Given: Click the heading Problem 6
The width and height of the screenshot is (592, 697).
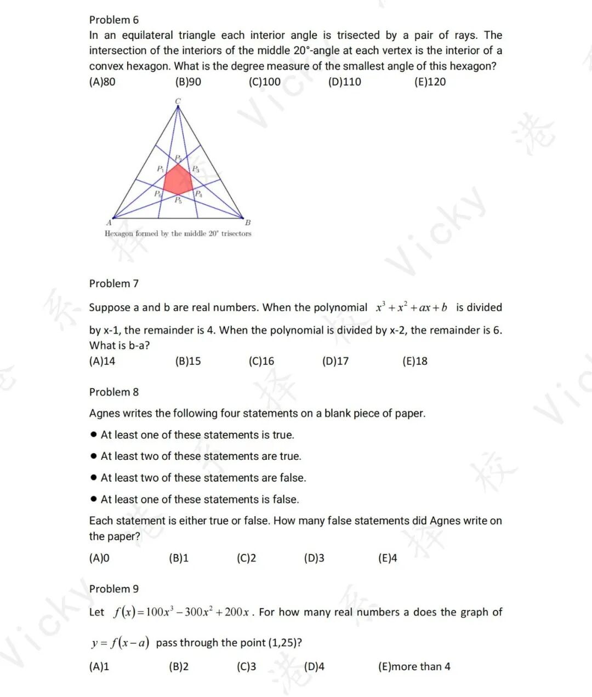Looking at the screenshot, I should [114, 20].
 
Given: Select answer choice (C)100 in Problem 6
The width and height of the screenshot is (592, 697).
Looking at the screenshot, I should [264, 82].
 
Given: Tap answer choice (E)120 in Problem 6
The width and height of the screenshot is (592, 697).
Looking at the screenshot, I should [430, 82].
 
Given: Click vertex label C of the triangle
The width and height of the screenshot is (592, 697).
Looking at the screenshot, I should [178, 101].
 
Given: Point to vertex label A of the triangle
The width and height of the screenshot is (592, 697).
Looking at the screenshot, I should [109, 222].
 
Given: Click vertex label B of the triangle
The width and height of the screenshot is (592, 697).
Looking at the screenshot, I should [248, 222].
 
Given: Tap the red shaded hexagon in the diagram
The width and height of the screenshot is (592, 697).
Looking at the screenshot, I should [178, 179].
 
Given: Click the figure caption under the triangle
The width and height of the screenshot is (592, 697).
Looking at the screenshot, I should [178, 233].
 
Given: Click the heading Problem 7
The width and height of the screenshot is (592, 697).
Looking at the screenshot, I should [114, 283].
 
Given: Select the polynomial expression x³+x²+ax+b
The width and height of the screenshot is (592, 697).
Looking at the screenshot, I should [411, 307].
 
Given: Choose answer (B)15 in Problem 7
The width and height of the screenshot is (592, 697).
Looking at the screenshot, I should [188, 361].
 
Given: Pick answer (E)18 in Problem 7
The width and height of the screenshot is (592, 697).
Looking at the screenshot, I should [414, 361].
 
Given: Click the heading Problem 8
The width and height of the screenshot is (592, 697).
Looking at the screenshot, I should [114, 392].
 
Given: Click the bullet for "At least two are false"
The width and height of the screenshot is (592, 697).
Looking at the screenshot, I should [94, 478].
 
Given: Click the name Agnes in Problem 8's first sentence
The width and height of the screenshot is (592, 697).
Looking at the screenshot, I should [105, 413].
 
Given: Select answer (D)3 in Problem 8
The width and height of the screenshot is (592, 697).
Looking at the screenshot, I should [314, 558].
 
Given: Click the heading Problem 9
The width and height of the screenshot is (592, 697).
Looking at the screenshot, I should [114, 589].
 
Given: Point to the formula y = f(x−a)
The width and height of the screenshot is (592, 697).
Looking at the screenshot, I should [120, 643].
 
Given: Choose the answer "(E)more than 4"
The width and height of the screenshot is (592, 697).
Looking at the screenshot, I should [414, 666].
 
